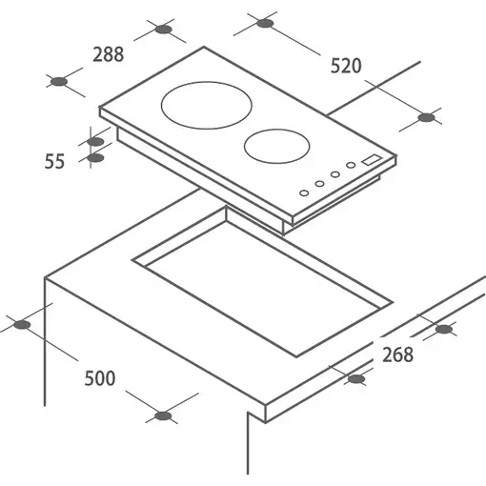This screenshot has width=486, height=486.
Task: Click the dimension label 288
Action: point(109,54)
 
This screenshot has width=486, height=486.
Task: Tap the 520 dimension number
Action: point(346,66)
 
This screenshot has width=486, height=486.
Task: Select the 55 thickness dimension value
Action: point(54,161)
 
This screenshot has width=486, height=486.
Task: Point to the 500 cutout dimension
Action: point(100,378)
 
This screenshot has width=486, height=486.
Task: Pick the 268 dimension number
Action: point(397,354)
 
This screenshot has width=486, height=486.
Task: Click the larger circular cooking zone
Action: point(207,105)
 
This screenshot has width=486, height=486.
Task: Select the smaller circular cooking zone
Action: point(277,146)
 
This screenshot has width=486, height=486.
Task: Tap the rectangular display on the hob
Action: point(373,160)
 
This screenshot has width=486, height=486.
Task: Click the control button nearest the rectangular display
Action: point(351,165)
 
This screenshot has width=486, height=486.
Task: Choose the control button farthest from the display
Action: point(304,192)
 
